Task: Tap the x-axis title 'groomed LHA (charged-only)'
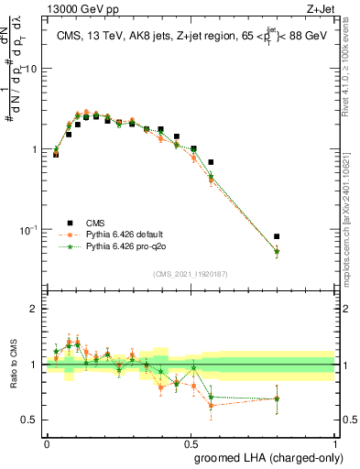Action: click(x=265, y=456)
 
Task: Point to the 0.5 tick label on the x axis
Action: click(x=191, y=443)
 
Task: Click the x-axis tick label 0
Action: click(x=47, y=443)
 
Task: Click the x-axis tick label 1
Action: click(x=336, y=443)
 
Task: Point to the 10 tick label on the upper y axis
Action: click(x=31, y=69)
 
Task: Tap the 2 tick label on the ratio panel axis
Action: click(x=35, y=309)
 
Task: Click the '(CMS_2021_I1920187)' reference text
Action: click(x=191, y=273)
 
